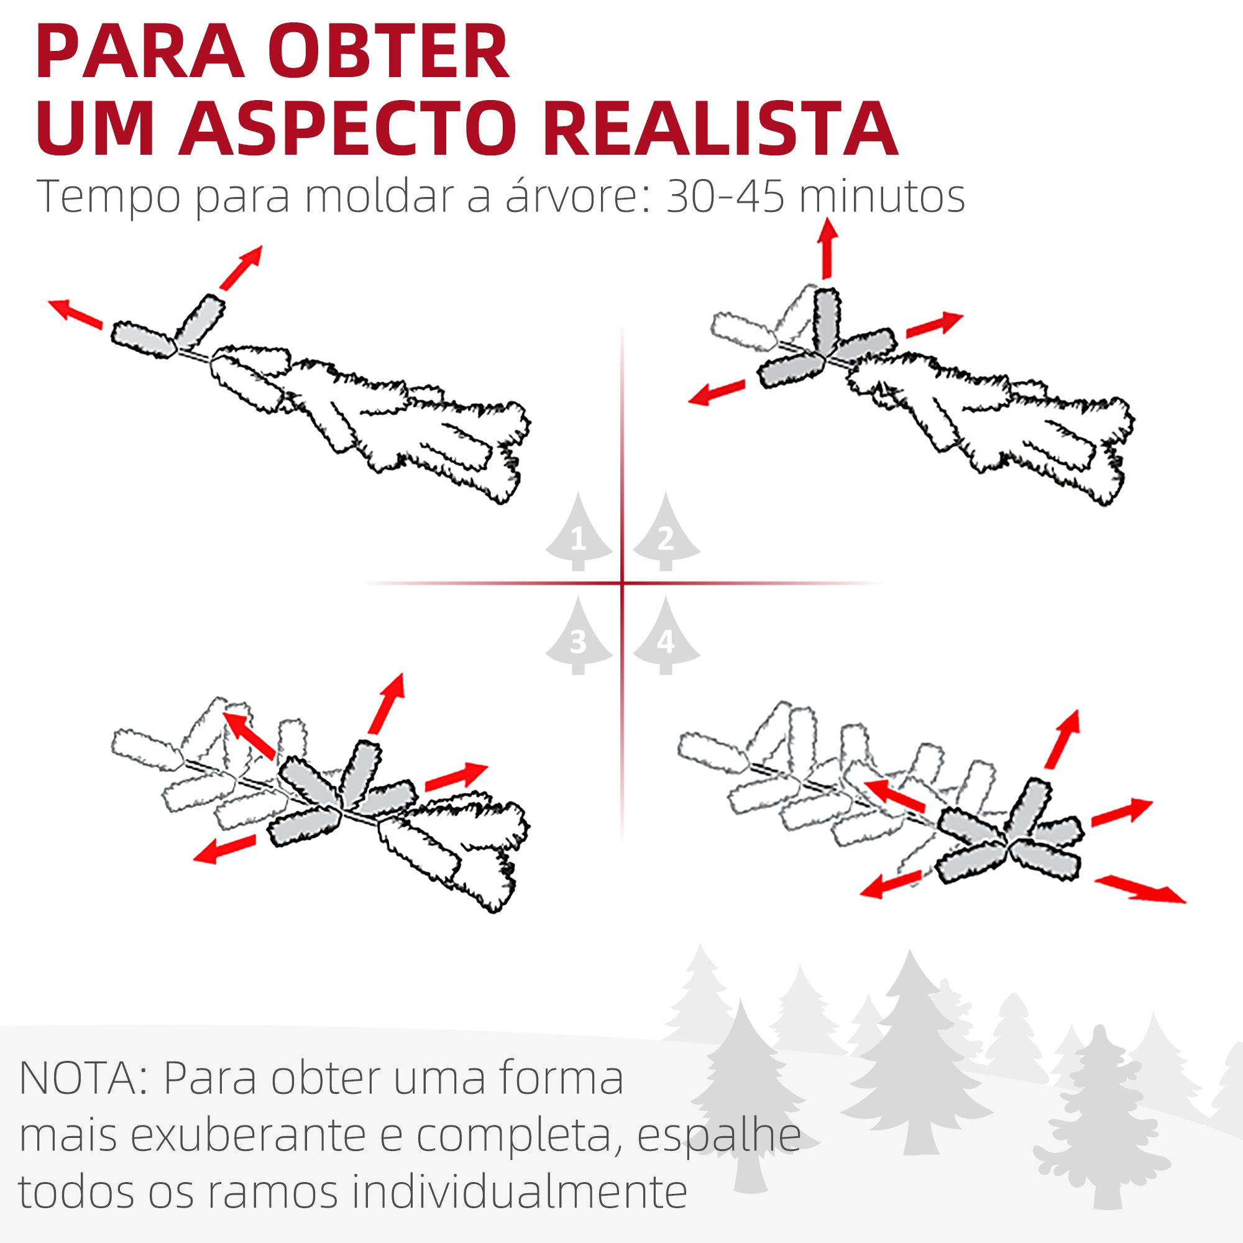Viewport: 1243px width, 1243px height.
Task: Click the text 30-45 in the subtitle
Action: point(725,197)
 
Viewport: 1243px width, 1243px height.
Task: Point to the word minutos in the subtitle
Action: point(881,197)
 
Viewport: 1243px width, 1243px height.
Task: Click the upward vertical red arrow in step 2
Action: point(827,248)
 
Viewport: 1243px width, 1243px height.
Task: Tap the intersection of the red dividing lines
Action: point(622,584)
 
